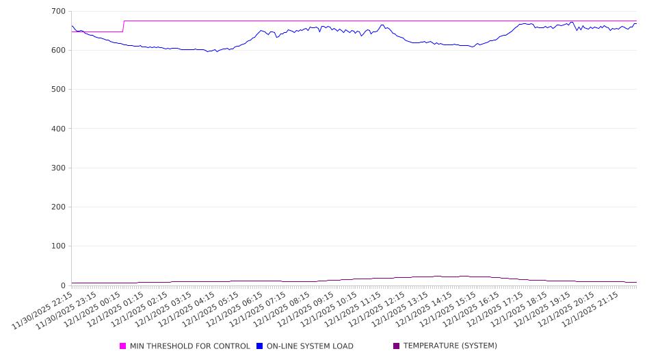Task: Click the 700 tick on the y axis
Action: click(x=57, y=12)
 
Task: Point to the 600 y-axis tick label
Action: click(x=57, y=51)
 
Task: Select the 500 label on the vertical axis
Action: click(x=57, y=90)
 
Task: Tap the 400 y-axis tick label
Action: click(x=57, y=129)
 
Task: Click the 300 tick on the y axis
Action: click(x=57, y=168)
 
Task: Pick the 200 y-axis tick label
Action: click(x=57, y=207)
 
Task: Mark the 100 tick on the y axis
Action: click(x=57, y=246)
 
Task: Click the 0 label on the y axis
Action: click(x=62, y=285)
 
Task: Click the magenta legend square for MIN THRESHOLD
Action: click(x=123, y=346)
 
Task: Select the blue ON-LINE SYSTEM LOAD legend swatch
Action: click(x=260, y=346)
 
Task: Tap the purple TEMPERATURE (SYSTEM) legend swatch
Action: click(x=397, y=346)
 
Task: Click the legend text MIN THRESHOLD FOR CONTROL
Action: click(x=189, y=346)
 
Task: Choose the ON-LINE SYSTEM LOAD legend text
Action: click(x=310, y=346)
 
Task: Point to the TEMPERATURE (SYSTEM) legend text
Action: click(x=450, y=346)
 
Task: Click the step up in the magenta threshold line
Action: click(x=124, y=26)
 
